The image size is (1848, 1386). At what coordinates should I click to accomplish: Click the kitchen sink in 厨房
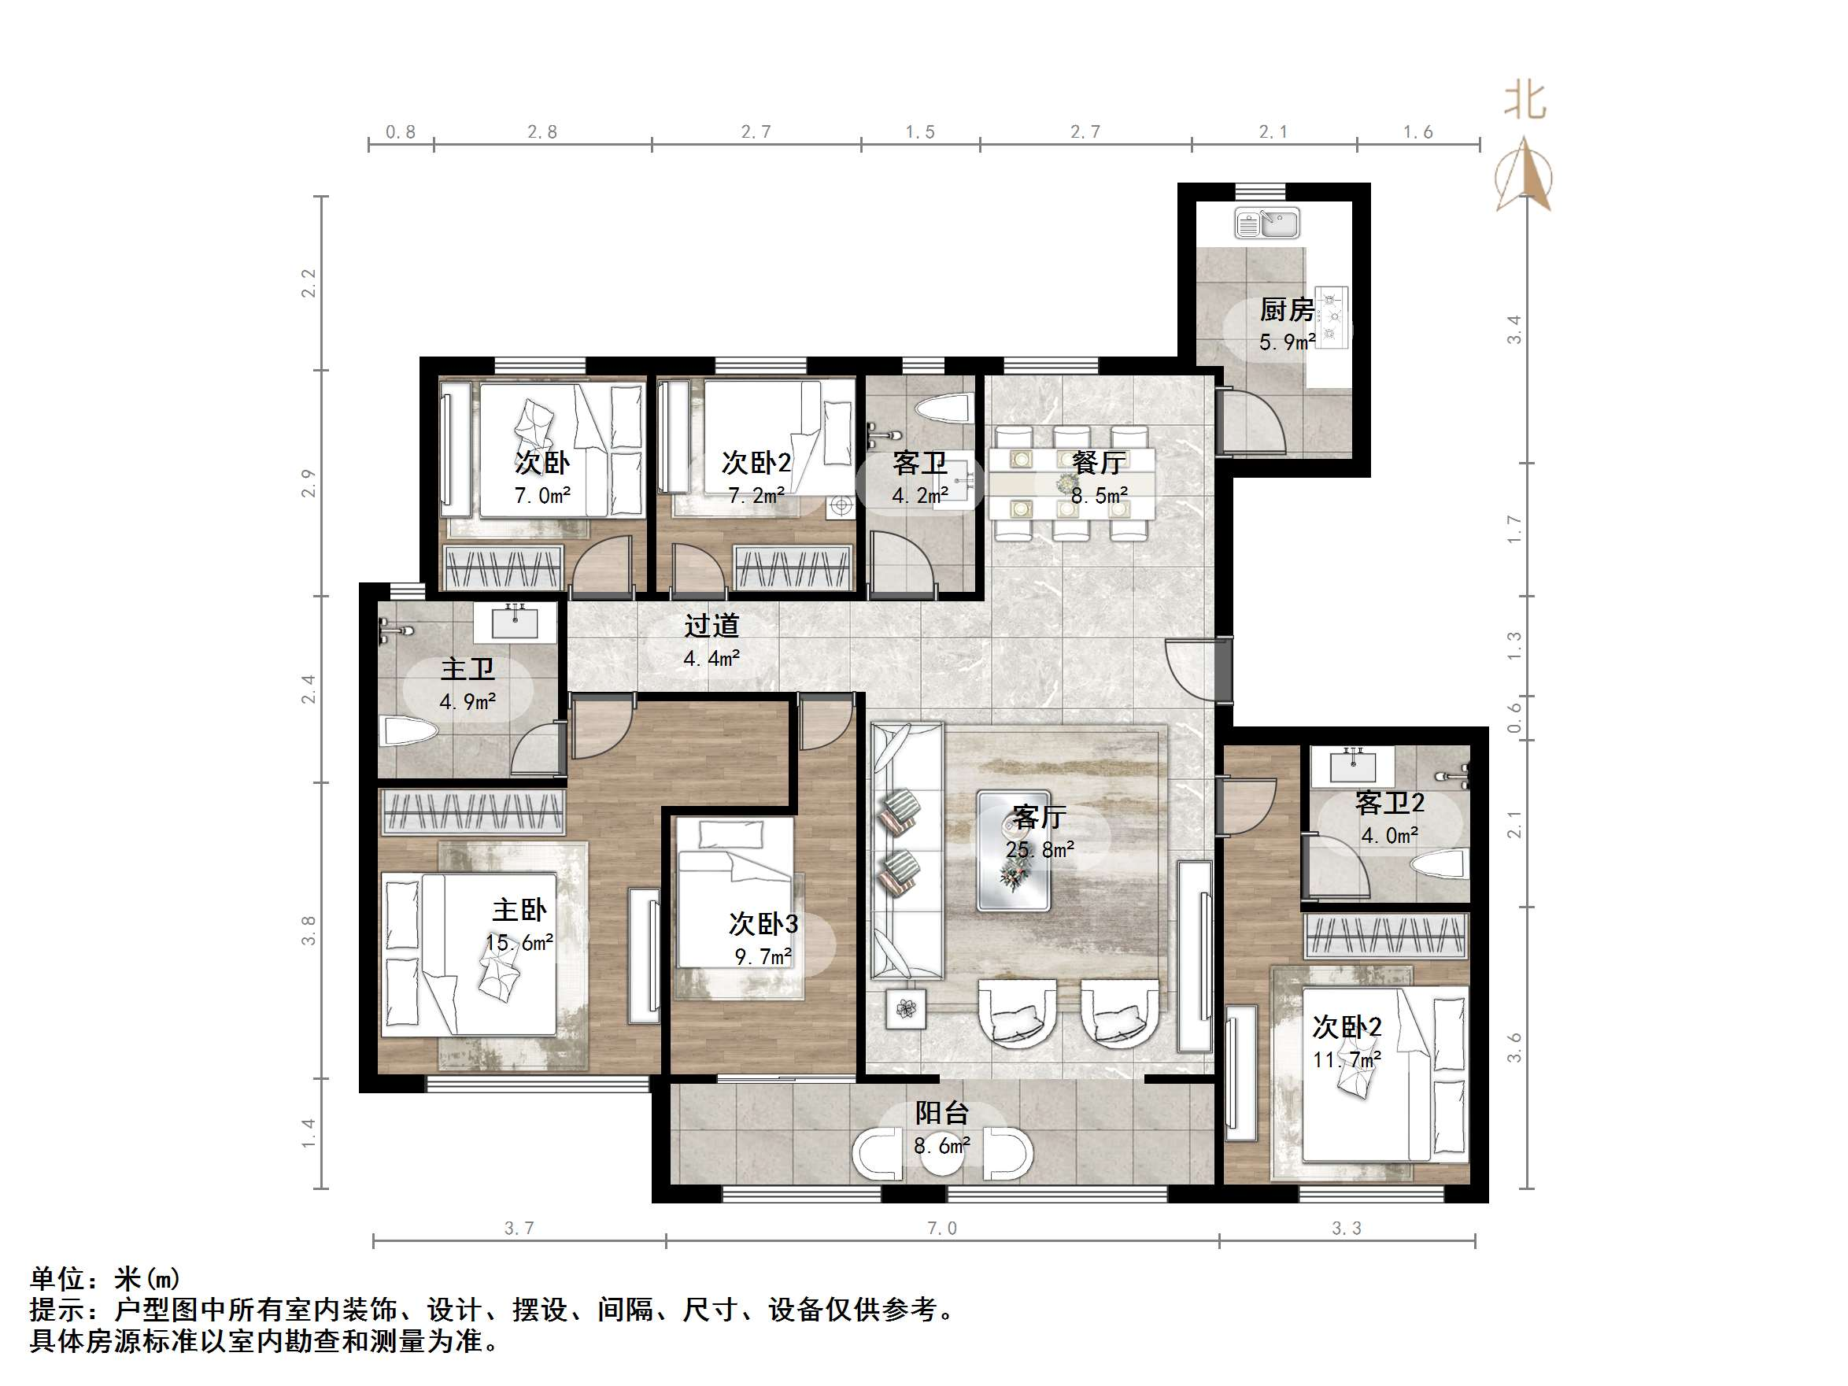pos(1266,224)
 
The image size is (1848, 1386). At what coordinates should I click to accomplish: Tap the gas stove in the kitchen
pos(1331,316)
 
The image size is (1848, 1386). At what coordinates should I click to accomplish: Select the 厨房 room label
pos(1287,310)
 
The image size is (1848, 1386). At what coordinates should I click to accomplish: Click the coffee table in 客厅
pos(1014,851)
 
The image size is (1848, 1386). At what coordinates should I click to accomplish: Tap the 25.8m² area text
pos(1039,851)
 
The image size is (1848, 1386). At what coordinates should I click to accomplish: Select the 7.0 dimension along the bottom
pos(941,1228)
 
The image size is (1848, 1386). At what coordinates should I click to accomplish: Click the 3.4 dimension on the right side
pos(1514,329)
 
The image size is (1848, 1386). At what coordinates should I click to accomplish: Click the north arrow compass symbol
pos(1524,176)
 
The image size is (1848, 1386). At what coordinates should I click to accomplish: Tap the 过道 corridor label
pos(711,626)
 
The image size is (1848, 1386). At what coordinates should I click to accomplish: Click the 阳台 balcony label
pos(941,1113)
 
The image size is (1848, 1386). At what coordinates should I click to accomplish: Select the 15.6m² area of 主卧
pos(519,943)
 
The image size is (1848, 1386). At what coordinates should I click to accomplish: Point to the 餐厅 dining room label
pos(1098,462)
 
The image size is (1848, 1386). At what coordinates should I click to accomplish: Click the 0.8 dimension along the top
pos(400,132)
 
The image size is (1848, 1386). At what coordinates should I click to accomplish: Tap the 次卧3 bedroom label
pos(763,923)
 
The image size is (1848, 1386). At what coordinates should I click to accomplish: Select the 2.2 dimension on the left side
pos(309,283)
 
